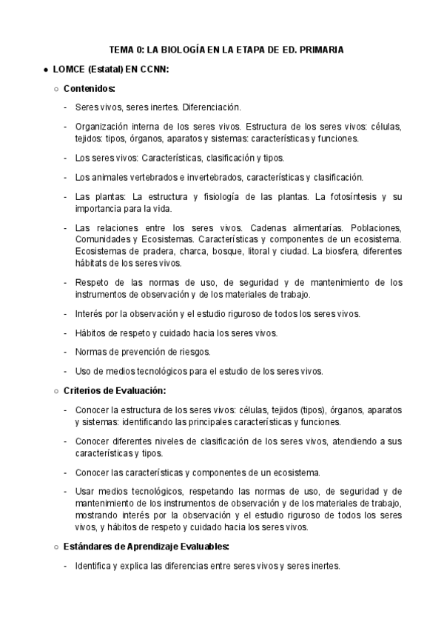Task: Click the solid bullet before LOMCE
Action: (45, 70)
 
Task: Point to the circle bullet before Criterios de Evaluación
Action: (57, 390)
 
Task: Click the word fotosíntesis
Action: (352, 196)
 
